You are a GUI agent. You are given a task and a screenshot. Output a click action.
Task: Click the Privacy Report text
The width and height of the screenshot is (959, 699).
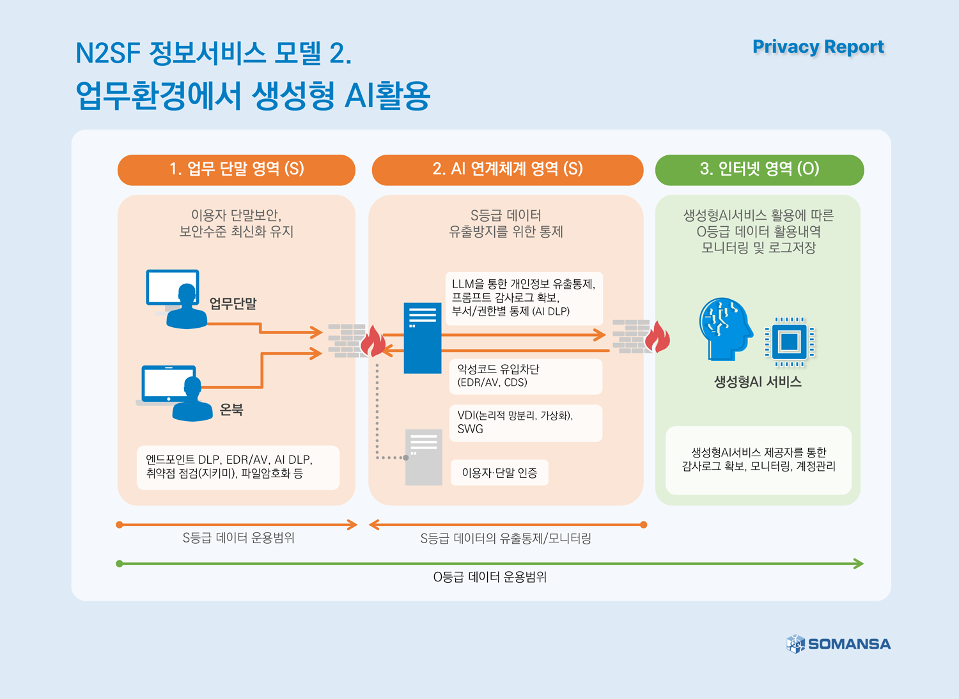pyautogui.click(x=818, y=47)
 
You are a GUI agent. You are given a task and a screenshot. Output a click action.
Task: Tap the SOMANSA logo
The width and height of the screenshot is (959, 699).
pyautogui.click(x=838, y=643)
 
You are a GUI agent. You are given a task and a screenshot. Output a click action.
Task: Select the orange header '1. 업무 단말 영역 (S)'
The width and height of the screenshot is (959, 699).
pyautogui.click(x=236, y=169)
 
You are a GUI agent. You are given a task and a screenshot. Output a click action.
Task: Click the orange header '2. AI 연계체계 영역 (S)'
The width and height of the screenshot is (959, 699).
pyautogui.click(x=507, y=169)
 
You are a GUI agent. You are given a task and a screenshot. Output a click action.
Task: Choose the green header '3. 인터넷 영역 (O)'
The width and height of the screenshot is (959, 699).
pyautogui.click(x=759, y=169)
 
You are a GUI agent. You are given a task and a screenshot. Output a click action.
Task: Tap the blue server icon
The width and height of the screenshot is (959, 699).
pyautogui.click(x=422, y=338)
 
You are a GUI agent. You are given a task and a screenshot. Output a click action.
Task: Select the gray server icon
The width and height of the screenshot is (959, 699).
pyautogui.click(x=424, y=457)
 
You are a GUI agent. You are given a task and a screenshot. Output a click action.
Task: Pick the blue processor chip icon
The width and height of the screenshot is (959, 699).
pyautogui.click(x=789, y=342)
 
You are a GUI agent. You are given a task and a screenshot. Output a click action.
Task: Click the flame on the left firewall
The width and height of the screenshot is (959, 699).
pyautogui.click(x=373, y=341)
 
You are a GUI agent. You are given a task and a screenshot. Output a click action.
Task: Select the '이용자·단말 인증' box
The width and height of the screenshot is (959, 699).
pyautogui.click(x=499, y=473)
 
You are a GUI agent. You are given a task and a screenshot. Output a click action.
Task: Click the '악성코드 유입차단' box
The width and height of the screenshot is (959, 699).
pyautogui.click(x=526, y=376)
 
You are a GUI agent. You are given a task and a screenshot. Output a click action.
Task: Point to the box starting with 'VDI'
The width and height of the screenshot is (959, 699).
pyautogui.click(x=526, y=423)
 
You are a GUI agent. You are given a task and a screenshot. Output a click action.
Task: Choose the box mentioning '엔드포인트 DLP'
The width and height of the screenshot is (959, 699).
pyautogui.click(x=238, y=467)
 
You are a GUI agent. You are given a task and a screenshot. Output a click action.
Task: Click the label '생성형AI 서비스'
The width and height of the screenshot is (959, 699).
pyautogui.click(x=758, y=382)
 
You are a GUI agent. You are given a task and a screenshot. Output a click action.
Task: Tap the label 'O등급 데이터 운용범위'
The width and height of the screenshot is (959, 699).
pyautogui.click(x=490, y=577)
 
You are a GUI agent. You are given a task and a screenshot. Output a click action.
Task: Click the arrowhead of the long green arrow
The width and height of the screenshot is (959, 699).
pyautogui.click(x=859, y=564)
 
